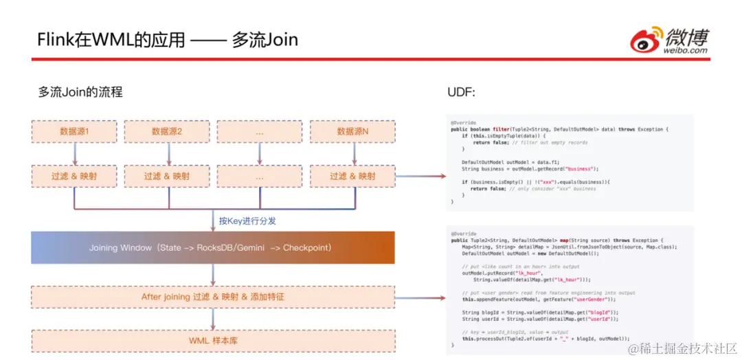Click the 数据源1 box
(x=74, y=132)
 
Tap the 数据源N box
(x=352, y=132)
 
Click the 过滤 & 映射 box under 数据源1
(x=74, y=176)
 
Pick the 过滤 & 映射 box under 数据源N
(x=352, y=176)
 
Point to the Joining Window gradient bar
(x=212, y=247)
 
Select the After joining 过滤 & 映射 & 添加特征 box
(x=212, y=297)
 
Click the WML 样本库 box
(x=212, y=340)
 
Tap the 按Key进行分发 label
(x=247, y=221)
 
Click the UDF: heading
(x=461, y=92)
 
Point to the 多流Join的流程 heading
(x=80, y=92)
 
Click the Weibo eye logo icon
(x=647, y=40)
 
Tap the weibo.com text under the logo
(x=686, y=50)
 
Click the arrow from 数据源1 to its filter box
(x=74, y=154)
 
